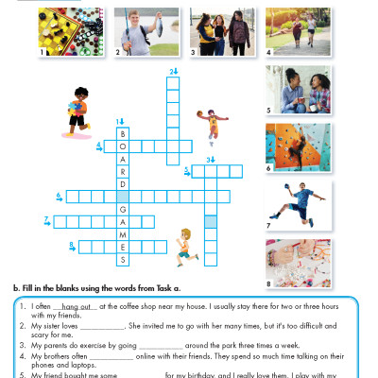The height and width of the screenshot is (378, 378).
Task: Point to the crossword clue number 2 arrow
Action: [173, 71]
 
